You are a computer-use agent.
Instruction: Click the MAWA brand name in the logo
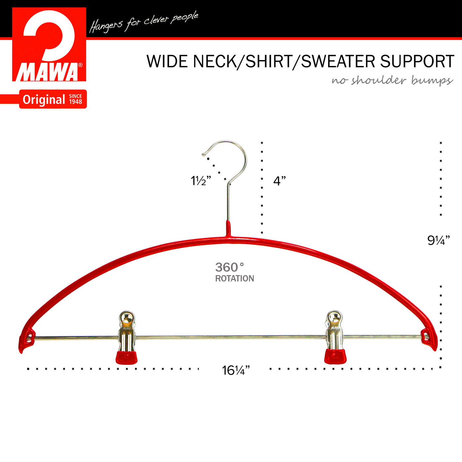[47, 72]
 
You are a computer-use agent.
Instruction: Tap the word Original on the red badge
[44, 100]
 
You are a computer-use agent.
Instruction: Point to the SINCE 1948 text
[76, 99]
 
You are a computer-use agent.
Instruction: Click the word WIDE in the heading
[167, 61]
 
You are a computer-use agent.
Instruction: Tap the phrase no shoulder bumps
[392, 80]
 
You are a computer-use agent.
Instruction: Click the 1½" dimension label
[201, 181]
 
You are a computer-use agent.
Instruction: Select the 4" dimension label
[280, 181]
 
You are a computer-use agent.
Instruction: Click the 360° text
[229, 267]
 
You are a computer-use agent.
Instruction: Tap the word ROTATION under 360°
[235, 278]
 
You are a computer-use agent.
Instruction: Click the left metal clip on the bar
[127, 337]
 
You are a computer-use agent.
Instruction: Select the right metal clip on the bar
[335, 337]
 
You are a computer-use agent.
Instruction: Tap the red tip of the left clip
[127, 358]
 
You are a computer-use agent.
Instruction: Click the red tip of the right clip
[335, 357]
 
